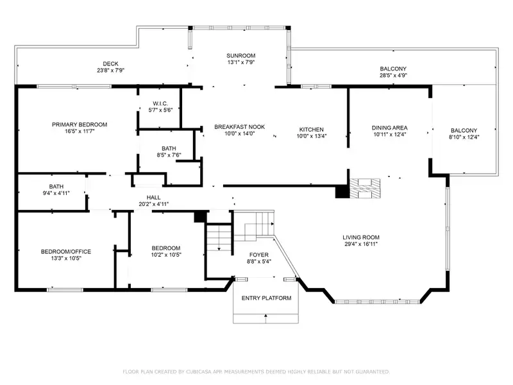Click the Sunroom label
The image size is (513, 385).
pos(241,56)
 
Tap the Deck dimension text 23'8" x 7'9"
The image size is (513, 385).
pos(110,71)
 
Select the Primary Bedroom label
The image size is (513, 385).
pos(80,124)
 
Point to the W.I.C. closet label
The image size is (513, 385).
pos(160,103)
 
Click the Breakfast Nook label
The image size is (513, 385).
pos(239,126)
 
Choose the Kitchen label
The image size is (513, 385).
pos(312,130)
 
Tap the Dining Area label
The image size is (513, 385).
pos(390,128)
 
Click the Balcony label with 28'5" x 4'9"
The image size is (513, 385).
pos(393,69)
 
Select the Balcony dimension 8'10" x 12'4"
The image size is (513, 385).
pos(464,137)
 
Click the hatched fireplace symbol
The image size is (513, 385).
pos(365,188)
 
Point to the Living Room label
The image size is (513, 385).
pos(361,237)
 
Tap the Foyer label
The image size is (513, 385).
pos(259,255)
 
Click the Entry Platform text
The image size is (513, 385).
pos(266,298)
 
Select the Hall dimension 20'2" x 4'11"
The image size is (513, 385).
pos(153,204)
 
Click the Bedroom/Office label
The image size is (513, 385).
pos(66,252)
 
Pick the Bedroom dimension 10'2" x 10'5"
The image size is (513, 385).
pos(166,255)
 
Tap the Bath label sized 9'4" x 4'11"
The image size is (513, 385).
pos(56,187)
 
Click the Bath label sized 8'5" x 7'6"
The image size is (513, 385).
pos(169,148)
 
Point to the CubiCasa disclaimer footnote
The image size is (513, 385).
pos(256,372)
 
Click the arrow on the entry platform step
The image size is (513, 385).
pos(265,316)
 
